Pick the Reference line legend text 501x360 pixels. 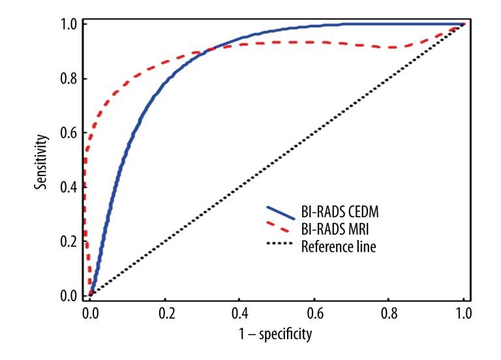tap(340, 247)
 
